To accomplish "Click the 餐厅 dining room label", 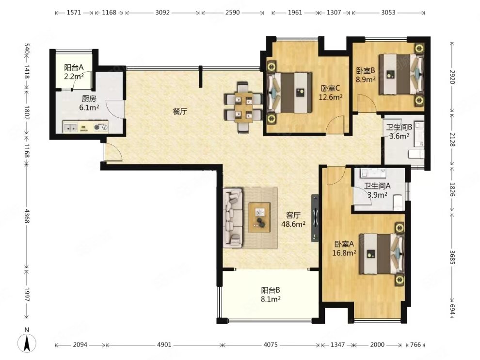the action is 180,111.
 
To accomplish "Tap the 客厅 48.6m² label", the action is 293,219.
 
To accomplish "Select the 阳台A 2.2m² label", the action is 74,72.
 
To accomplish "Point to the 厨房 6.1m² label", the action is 89,103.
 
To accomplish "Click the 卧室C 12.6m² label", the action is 330,93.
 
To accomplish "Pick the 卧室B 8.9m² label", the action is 366,75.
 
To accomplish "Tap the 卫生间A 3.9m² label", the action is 377,190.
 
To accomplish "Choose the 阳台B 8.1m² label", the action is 271,295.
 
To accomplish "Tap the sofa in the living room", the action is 233,218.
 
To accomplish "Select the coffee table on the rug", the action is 259,218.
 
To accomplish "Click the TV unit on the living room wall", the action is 315,218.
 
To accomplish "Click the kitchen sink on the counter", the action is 70,127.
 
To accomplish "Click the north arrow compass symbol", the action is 27,343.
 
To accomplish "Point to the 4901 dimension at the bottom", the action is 164,344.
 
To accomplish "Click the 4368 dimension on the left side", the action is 27,216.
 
